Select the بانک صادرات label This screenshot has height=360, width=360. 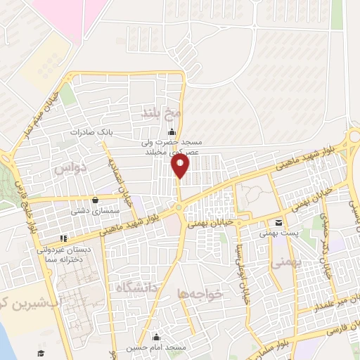(x=91, y=132)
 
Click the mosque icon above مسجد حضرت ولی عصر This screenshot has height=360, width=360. (x=171, y=134)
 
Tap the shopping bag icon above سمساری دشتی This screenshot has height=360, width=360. (x=95, y=200)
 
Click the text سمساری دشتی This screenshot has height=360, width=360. (x=89, y=210)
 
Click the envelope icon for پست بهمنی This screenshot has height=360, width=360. (x=279, y=221)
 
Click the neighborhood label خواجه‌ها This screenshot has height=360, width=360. (x=200, y=294)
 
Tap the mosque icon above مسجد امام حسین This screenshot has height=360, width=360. (x=155, y=337)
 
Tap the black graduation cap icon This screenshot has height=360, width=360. (x=41, y=352)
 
